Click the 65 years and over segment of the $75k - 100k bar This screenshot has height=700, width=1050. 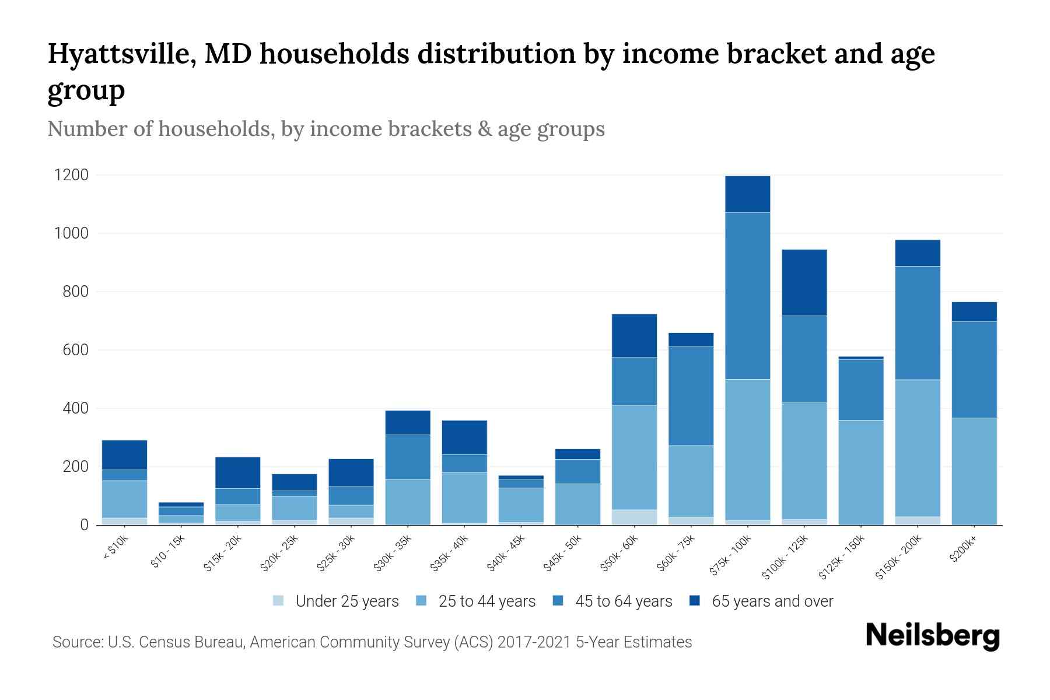(x=747, y=194)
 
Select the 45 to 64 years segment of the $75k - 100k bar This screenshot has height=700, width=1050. (x=747, y=296)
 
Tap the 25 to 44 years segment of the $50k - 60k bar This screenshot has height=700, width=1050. (x=634, y=457)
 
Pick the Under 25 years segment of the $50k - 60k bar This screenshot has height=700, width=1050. (x=634, y=517)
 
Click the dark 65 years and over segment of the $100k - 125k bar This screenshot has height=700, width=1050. (x=804, y=282)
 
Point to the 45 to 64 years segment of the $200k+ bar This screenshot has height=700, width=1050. (x=974, y=370)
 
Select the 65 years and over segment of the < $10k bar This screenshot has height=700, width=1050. (x=124, y=455)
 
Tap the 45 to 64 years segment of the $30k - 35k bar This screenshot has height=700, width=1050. (x=408, y=457)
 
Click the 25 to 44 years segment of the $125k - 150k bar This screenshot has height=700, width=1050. (x=860, y=473)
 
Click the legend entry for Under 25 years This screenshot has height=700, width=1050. (x=346, y=601)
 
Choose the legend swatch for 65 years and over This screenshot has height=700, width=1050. (x=694, y=601)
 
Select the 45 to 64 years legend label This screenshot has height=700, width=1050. (x=624, y=601)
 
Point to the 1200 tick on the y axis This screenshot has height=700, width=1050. (x=71, y=175)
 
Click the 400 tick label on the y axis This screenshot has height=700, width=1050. (x=75, y=408)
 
